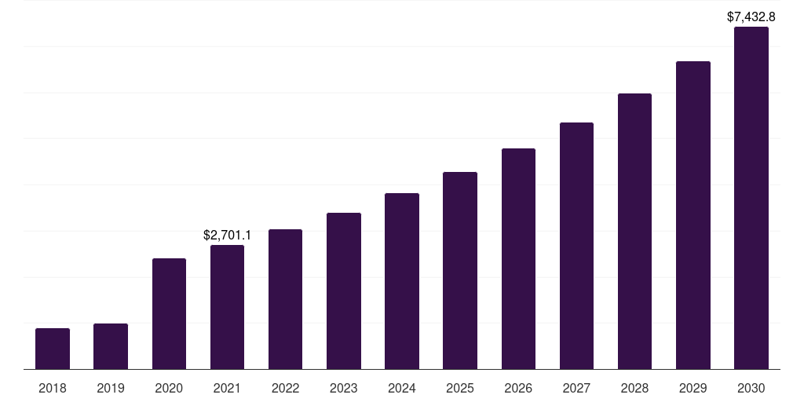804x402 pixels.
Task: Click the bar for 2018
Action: point(53,349)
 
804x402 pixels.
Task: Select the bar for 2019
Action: point(111,346)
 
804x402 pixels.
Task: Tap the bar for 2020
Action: point(169,313)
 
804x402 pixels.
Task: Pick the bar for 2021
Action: point(227,307)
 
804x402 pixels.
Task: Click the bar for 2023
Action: point(344,291)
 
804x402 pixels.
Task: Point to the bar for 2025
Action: point(460,270)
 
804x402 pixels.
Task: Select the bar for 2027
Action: point(576,246)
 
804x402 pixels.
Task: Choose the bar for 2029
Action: point(693,215)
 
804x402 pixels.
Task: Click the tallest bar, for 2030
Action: point(751,198)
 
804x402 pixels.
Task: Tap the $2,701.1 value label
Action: point(227,235)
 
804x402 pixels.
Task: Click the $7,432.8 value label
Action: point(751,16)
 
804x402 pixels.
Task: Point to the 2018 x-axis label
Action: point(53,388)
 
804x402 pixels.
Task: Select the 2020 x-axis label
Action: point(169,388)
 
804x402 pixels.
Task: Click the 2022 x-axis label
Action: point(285,388)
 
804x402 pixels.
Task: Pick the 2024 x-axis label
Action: point(402,388)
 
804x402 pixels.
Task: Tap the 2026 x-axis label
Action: point(518,388)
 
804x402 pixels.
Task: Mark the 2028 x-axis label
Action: point(634,388)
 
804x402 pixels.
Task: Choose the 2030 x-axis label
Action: point(751,388)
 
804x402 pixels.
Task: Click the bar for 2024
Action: point(402,281)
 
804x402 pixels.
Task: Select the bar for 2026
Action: point(518,258)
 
